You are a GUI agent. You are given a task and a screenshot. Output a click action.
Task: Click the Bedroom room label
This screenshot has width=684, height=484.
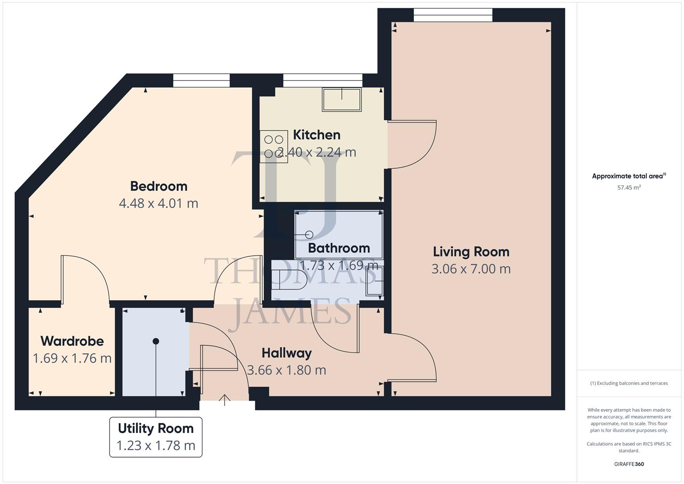coord(159,186)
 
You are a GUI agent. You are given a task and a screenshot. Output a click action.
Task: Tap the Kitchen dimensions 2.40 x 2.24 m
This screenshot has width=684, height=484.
coord(317,152)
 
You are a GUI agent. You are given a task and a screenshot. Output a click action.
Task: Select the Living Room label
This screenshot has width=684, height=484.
coord(471,252)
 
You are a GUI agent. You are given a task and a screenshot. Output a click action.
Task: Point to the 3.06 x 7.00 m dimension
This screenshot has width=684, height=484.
coord(471,269)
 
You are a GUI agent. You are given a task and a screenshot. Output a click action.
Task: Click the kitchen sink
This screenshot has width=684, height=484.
coord(342,99)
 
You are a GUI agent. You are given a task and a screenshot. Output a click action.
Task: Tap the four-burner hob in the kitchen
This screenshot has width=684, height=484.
coord(274,147)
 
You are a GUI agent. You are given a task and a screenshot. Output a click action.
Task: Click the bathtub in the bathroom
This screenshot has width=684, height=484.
coord(339,234)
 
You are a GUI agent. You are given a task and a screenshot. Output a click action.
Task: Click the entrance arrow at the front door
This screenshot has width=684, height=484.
coord(225,399)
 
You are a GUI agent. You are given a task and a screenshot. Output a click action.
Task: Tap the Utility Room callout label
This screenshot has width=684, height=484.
coord(156,437)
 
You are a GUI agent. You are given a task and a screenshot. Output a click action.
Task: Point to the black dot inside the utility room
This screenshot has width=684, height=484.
coord(156,341)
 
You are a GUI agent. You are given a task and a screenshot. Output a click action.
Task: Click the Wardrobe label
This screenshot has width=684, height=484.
coord(72,341)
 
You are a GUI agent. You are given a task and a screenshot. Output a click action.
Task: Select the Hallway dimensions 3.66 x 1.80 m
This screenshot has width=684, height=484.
coord(287,370)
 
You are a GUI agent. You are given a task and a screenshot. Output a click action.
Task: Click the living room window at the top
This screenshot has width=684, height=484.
coord(452,15)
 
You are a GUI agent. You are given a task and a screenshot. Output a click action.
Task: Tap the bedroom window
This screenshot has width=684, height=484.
coord(201,81)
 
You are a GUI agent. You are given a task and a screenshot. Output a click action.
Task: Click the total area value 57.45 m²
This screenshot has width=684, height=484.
coord(629,188)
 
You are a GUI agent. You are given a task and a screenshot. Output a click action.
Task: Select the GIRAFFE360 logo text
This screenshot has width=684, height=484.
coord(629,464)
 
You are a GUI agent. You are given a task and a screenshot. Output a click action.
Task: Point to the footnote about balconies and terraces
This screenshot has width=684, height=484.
coord(629,383)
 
